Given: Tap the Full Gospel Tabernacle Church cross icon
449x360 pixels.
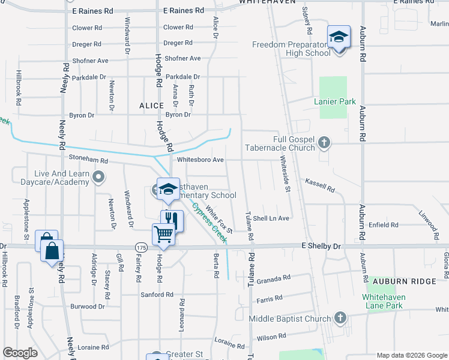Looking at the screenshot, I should (x=324, y=143).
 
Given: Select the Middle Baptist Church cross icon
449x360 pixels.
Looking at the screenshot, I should (x=340, y=317).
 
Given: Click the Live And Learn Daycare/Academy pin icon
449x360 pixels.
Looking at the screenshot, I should (x=100, y=177).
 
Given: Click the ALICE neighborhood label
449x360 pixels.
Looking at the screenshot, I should (x=151, y=106).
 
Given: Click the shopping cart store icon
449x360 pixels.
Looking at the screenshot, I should (x=163, y=234).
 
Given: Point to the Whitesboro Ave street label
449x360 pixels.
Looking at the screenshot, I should (x=200, y=160).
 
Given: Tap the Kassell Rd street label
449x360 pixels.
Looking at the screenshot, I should (x=319, y=185).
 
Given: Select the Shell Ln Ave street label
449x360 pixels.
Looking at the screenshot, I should (x=271, y=218).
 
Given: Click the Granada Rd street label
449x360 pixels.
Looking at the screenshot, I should (x=273, y=279).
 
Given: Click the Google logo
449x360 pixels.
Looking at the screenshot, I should (x=20, y=353).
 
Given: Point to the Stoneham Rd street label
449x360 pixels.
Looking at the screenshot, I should (x=88, y=161).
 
